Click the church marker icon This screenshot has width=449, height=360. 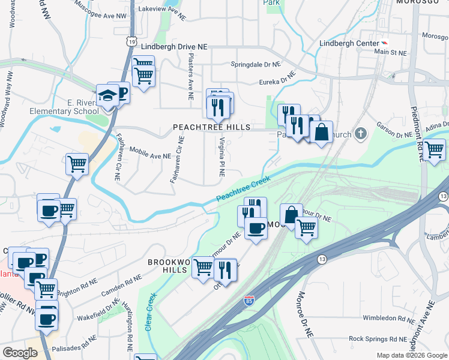(x=361, y=133)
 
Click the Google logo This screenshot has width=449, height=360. (x=20, y=353)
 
